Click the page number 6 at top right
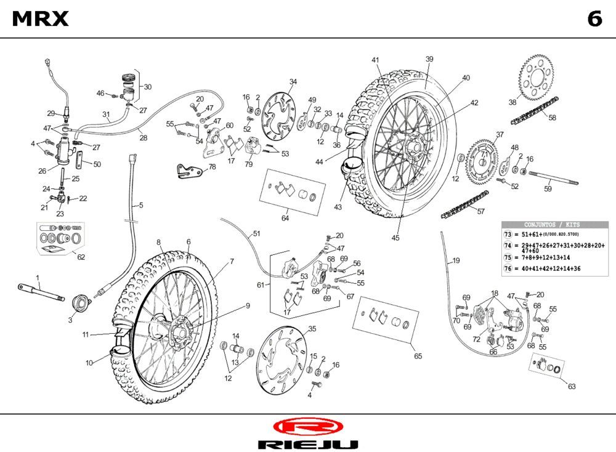[x=594, y=20]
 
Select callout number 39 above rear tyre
[x=429, y=59]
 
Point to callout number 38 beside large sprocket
[x=513, y=102]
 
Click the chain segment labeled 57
[x=465, y=205]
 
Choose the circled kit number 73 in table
[x=508, y=235]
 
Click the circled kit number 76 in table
[x=508, y=268]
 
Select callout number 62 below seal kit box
[x=81, y=257]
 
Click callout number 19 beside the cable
[x=455, y=260]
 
